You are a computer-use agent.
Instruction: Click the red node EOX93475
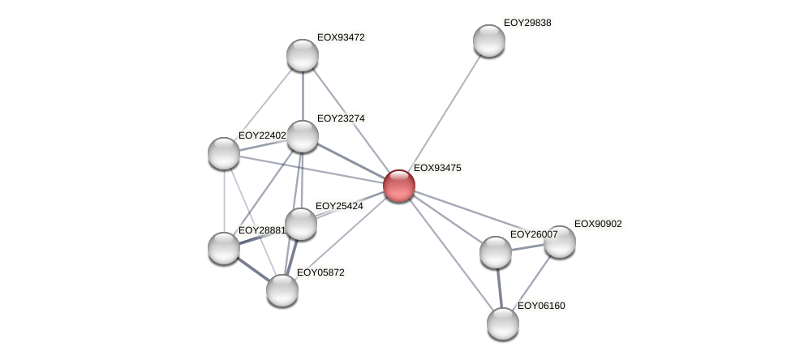pos(398,186)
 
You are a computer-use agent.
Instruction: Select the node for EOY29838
pos(488,41)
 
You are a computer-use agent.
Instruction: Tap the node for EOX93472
pos(303,55)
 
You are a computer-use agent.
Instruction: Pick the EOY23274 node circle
pos(303,136)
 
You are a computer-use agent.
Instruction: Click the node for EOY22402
pos(224,153)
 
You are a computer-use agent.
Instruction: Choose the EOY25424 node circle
pos(301,224)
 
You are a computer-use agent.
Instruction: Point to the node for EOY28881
pos(224,248)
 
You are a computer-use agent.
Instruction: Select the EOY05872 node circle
pos(282,290)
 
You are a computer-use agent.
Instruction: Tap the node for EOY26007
pos(495,252)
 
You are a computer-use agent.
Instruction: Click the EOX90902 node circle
pos(559,242)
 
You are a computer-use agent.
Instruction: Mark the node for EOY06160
pos(503,324)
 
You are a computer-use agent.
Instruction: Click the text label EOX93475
pos(437,169)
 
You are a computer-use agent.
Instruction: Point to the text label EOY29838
pos(527,24)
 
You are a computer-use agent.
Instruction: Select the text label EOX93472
pos(341,38)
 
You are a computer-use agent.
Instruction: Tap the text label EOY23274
pos(341,119)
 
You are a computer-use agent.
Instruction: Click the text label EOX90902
pos(598,225)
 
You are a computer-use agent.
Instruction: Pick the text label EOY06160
pos(541,306)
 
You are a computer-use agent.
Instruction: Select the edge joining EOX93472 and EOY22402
pos(264,104)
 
